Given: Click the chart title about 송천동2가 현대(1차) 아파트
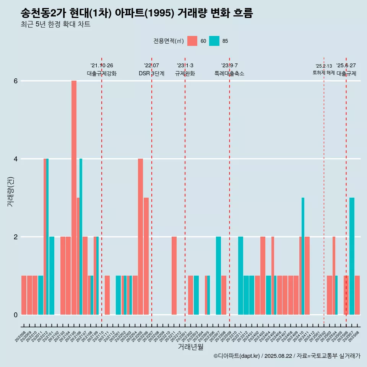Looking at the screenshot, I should (136, 13).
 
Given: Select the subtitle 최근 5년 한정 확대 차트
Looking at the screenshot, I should (55, 24).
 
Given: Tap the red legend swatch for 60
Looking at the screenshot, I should (192, 41).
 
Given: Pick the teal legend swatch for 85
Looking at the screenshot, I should (214, 41).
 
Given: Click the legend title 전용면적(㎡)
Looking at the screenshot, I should (169, 41).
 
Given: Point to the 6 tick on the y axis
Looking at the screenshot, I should (16, 81).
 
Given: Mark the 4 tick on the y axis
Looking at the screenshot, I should (16, 159).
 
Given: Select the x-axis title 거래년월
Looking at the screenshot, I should (190, 347).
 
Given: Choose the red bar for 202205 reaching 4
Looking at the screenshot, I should (140, 237).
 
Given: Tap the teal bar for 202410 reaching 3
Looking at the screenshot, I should (303, 256).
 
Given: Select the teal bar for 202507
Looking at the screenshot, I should (352, 256).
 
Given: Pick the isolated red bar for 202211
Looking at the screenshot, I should (174, 276).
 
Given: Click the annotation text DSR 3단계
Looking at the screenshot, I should (151, 73).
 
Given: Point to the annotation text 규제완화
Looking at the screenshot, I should (185, 73).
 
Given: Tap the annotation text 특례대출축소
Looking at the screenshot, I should (229, 73).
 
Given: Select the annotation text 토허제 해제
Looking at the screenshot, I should (323, 72).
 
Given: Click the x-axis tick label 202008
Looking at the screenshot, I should (21, 336).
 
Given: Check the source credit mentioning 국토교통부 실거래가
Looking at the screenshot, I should (287, 356).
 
